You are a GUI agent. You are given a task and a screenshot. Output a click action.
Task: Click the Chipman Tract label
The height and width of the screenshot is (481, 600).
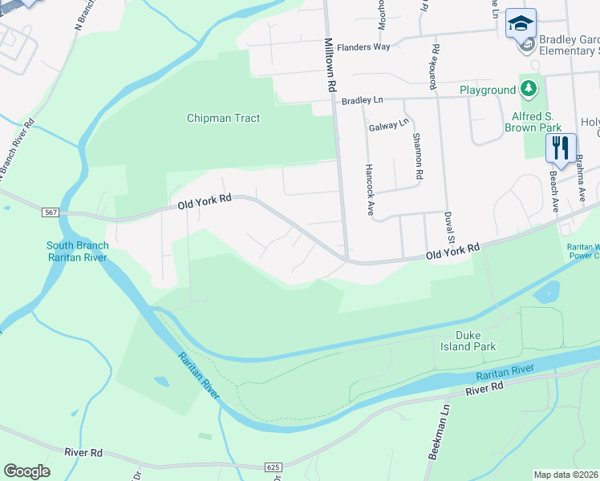[223, 118]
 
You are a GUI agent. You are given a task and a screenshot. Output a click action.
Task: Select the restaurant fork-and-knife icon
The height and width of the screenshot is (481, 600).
[561, 147]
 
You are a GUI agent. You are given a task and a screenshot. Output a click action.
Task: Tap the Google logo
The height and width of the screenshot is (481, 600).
[26, 471]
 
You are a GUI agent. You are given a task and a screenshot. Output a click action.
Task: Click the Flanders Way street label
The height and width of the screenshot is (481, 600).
[363, 47]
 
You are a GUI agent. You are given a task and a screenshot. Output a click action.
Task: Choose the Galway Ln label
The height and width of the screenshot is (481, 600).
[389, 126]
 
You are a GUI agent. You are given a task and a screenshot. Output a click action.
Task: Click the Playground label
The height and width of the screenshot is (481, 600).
[487, 91]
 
